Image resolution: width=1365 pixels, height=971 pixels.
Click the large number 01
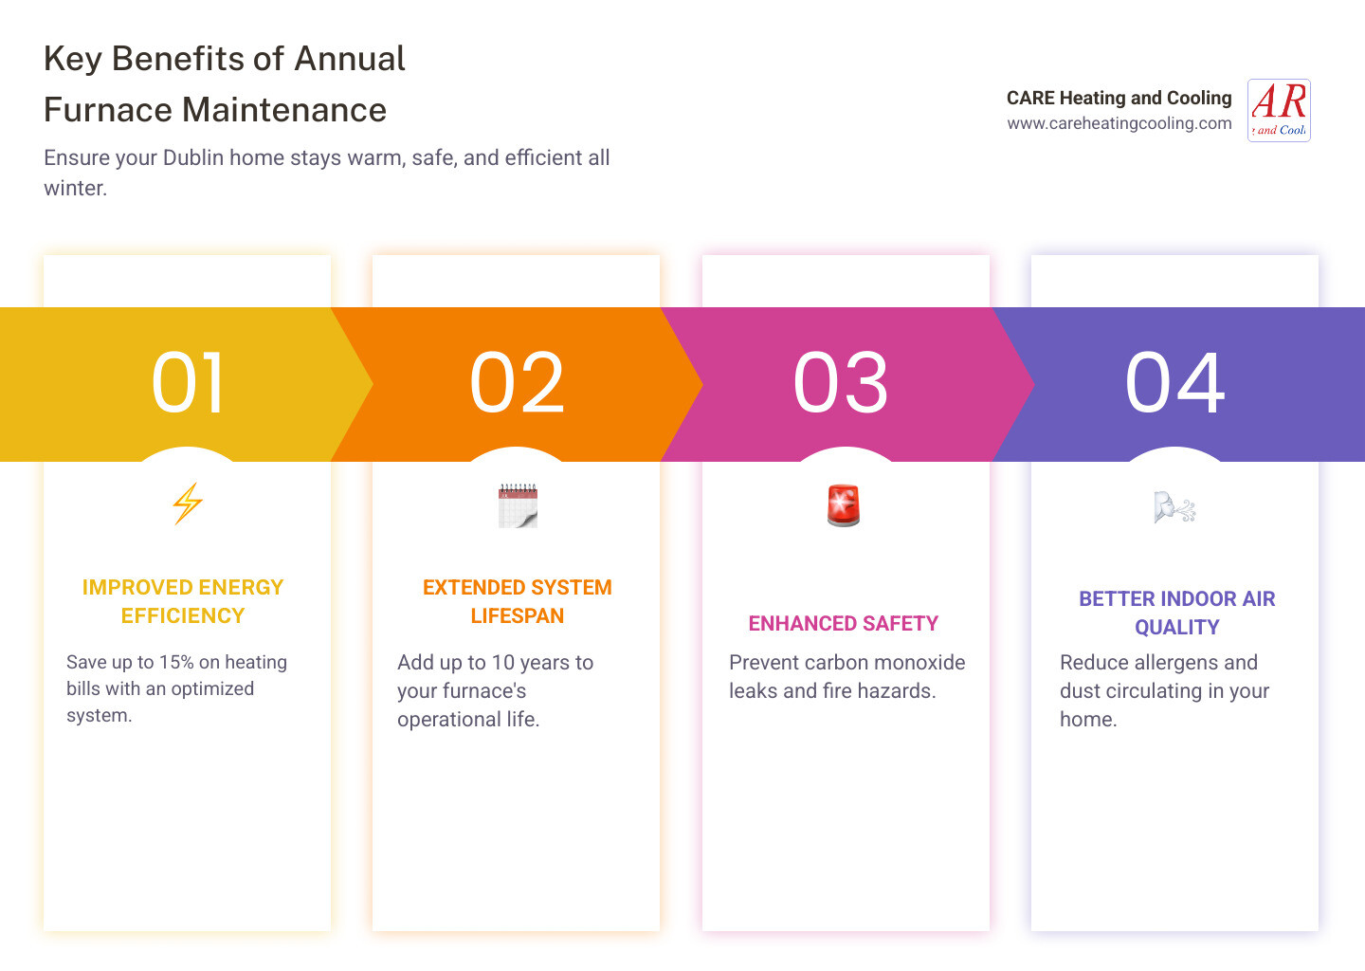[x=187, y=383]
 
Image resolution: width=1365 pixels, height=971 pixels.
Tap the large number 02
[x=517, y=383]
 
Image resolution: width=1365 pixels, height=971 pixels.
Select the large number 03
[x=840, y=383]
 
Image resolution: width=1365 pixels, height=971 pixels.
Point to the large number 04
[x=1174, y=383]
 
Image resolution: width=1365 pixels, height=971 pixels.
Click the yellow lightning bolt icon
[x=187, y=504]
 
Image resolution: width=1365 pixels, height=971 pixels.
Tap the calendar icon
[x=518, y=505]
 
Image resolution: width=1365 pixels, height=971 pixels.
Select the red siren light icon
[x=844, y=505]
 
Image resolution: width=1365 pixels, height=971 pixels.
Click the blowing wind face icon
[x=1174, y=506]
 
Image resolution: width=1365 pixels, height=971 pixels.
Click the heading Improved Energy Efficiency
[x=183, y=601]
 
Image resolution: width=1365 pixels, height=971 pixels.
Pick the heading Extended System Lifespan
[x=518, y=601]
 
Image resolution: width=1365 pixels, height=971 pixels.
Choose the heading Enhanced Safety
[x=844, y=623]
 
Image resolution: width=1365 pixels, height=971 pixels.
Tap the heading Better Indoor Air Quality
[x=1176, y=613]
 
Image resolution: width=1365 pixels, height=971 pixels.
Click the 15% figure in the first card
[x=176, y=662]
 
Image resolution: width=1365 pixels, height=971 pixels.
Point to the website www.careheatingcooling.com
[x=1119, y=123]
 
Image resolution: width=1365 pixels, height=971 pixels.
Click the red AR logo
[x=1279, y=110]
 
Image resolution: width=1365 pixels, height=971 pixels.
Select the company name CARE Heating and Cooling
[x=1119, y=98]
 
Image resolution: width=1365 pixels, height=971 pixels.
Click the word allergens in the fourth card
[x=1173, y=663]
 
